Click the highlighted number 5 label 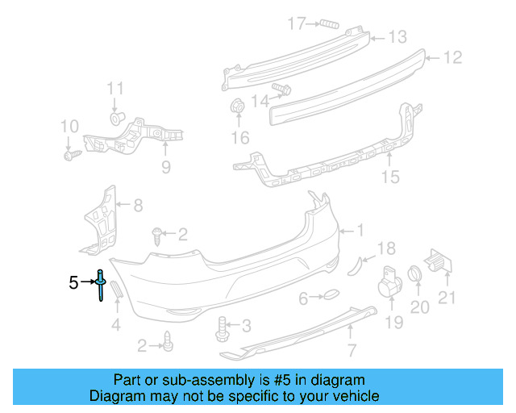pos(73,282)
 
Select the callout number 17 pos(298,23)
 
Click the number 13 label pos(398,37)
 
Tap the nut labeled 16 pos(239,106)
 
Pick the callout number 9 pos(165,168)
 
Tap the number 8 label pos(138,206)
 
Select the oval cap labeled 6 pos(331,298)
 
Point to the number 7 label pos(351,350)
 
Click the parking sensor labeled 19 pos(390,286)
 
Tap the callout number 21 pos(447,298)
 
